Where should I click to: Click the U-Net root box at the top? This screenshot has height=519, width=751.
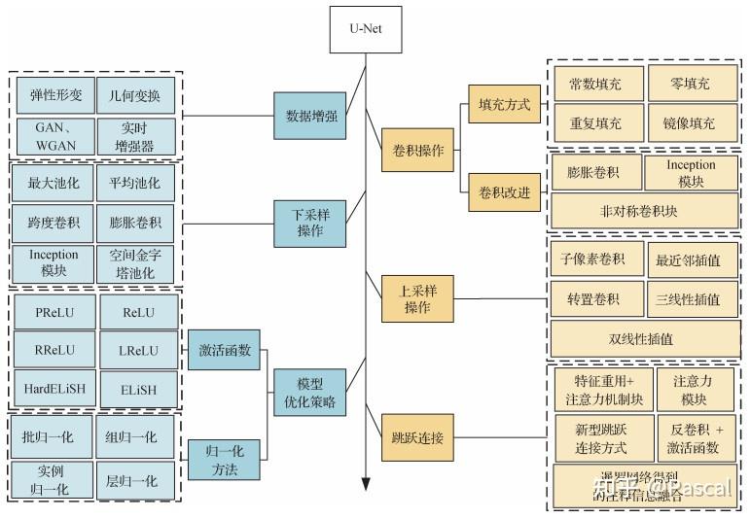tap(366, 28)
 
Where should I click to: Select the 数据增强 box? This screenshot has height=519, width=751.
tap(310, 117)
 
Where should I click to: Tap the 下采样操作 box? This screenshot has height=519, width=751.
tap(310, 223)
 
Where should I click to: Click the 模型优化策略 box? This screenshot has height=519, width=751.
tap(309, 392)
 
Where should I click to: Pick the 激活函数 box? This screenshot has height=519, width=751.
tap(225, 350)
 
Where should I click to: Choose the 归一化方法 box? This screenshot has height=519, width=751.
tap(225, 460)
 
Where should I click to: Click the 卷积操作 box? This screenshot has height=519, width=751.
tap(416, 151)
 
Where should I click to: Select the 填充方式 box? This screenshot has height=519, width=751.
tap(504, 104)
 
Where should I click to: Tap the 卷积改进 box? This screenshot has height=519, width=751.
tap(504, 191)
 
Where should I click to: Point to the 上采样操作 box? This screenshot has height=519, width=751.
tap(416, 299)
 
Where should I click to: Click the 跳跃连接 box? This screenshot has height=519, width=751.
tap(416, 438)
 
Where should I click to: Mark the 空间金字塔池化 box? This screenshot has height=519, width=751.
tap(137, 263)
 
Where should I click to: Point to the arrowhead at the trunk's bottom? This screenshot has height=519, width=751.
tap(366, 484)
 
